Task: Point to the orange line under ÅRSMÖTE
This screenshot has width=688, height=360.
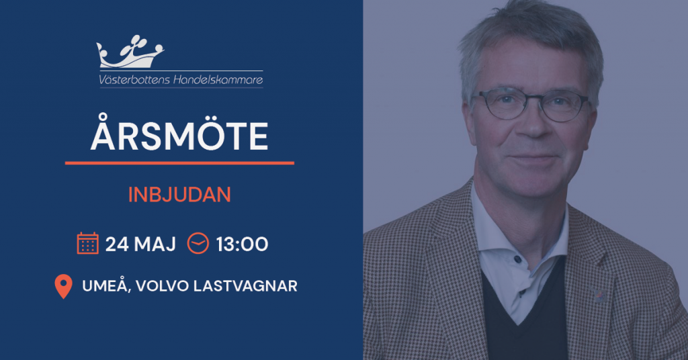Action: [179, 163]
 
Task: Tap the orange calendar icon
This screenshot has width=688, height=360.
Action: [88, 243]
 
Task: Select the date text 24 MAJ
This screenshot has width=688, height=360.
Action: [140, 244]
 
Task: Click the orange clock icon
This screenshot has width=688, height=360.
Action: [198, 243]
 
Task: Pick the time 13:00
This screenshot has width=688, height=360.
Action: [242, 244]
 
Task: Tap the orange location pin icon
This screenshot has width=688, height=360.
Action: [63, 286]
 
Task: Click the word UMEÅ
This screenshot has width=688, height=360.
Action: [106, 286]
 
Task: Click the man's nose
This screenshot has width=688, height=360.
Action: [533, 124]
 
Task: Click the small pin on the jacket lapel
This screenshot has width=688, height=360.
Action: [599, 294]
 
